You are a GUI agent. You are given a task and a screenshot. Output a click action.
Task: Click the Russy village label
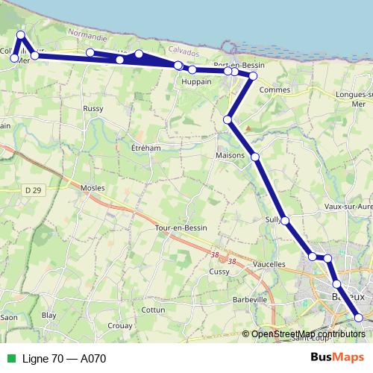[93, 108]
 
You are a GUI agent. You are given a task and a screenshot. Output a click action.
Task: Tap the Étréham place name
[145, 148]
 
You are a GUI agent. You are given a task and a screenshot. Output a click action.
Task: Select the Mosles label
[92, 187]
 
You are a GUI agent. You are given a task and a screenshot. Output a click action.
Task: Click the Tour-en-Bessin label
[181, 227]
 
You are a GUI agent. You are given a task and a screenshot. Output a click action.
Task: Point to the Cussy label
[219, 272]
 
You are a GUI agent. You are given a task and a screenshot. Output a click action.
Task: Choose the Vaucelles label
[269, 264]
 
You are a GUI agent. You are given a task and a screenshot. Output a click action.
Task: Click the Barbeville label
[250, 299]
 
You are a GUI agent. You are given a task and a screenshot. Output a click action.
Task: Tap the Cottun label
[153, 309]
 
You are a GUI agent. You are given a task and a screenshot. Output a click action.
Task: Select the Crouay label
[120, 326]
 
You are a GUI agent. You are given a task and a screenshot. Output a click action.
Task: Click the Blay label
[48, 316]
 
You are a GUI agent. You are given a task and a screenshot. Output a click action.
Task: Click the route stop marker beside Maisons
[255, 157]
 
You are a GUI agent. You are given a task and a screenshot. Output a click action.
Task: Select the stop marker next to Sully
[285, 220]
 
